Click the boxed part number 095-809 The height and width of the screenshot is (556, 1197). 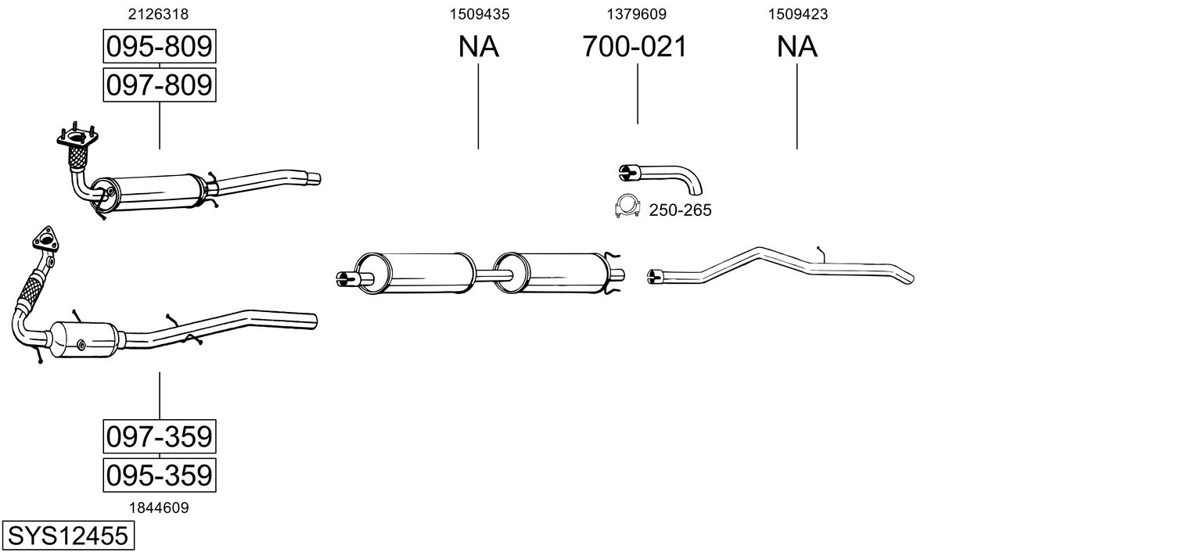(160, 46)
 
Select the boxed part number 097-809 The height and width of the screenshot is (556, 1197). (160, 85)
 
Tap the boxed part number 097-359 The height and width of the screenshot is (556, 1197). (160, 436)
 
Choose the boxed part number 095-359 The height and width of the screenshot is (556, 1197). (160, 475)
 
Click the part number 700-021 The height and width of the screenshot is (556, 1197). (634, 46)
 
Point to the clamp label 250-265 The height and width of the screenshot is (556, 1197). (681, 210)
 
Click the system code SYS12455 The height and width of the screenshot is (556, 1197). (68, 536)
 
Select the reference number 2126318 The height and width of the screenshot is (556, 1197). (158, 14)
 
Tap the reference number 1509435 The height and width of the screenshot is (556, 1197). (480, 14)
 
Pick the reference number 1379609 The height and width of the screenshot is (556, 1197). (636, 14)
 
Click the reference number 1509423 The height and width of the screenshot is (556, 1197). (798, 14)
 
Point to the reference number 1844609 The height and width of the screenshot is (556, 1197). (159, 508)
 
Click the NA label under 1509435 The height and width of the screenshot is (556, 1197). (478, 46)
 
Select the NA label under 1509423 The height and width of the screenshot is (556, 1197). (796, 46)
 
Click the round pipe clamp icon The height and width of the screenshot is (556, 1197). (627, 206)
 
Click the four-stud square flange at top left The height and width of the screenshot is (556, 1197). (77, 138)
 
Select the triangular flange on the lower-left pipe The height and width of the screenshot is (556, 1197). (45, 239)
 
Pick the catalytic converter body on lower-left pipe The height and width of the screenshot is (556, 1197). (84, 339)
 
